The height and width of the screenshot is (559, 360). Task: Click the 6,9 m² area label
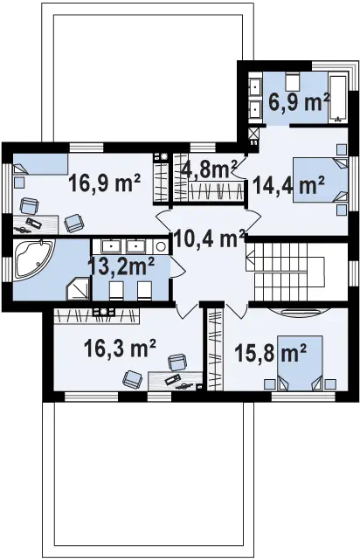pyautogui.click(x=298, y=103)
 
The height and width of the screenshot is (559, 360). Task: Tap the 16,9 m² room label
pyautogui.click(x=104, y=183)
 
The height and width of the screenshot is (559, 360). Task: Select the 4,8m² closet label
pyautogui.click(x=210, y=169)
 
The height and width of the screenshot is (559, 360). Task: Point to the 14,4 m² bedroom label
pyautogui.click(x=288, y=185)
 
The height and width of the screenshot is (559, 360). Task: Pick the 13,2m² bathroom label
pyautogui.click(x=121, y=266)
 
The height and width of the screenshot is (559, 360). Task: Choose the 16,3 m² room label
pyautogui.click(x=121, y=348)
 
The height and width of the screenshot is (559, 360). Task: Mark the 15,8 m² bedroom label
pyautogui.click(x=271, y=353)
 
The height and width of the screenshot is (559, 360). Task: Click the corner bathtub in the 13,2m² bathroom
pyautogui.click(x=33, y=259)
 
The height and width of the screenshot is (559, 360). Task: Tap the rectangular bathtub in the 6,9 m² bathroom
pyautogui.click(x=338, y=96)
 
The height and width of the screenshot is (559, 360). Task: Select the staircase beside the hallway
pyautogui.click(x=285, y=271)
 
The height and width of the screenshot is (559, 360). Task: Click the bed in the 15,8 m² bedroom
pyautogui.click(x=300, y=362)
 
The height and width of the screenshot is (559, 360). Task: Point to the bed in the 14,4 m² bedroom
pyautogui.click(x=321, y=180)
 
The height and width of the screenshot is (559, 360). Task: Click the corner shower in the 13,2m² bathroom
pyautogui.click(x=80, y=289)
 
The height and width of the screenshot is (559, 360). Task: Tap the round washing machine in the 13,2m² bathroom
pyautogui.click(x=161, y=246)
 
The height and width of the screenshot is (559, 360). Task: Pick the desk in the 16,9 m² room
pyautogui.click(x=35, y=224)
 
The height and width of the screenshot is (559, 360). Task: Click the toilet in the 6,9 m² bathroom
pyautogui.click(x=293, y=81)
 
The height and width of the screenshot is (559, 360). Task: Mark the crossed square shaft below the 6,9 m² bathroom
pyautogui.click(x=254, y=134)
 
